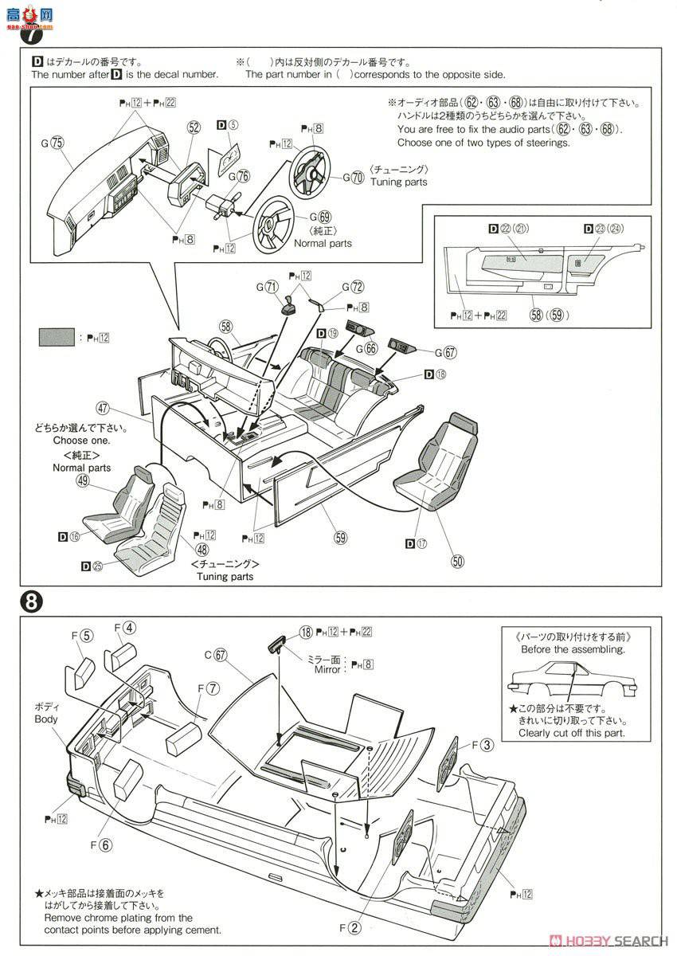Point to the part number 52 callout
194,127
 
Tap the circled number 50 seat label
457,561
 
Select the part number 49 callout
83,481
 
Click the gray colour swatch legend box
57,338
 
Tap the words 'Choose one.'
81,441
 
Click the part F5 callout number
87,636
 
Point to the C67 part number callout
221,656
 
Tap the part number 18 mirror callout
306,632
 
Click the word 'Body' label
46,719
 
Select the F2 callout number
354,927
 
